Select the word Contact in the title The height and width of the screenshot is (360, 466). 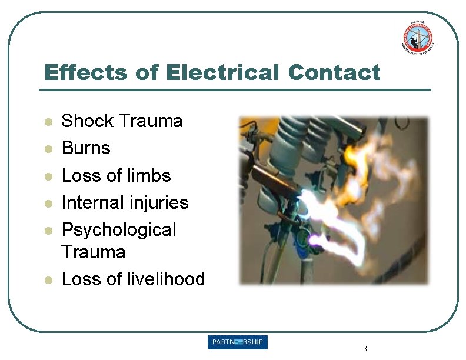pos(334,73)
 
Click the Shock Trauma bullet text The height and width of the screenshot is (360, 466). pos(122,121)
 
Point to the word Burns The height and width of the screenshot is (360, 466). pos(86,148)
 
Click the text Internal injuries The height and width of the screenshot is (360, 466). pos(125,203)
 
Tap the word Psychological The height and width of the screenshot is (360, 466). pos(118,230)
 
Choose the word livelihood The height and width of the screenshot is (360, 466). pos(166,279)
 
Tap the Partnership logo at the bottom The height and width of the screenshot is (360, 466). pos(237,343)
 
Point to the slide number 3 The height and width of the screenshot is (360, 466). pos(365,349)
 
